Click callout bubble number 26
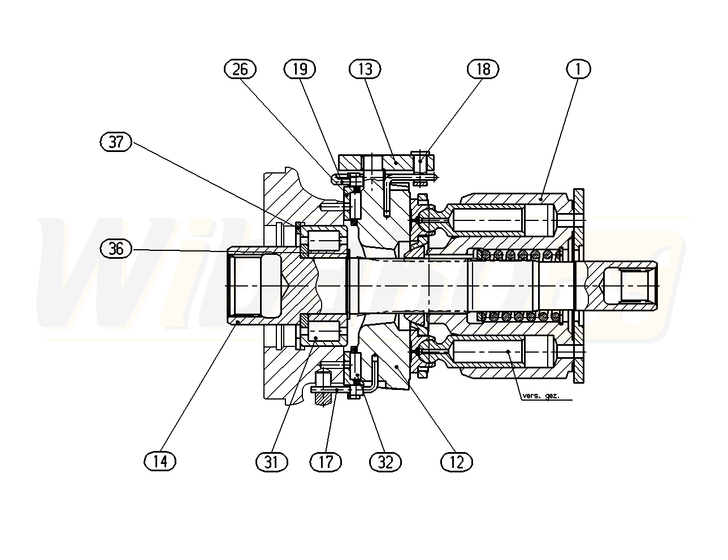[x=240, y=69]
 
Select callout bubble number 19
[x=300, y=69]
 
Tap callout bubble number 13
[x=365, y=69]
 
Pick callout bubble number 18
[x=483, y=69]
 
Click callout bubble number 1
[x=578, y=69]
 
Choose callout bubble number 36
[x=116, y=248]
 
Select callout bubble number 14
[x=160, y=461]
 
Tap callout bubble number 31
[x=272, y=462]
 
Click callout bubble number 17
[x=326, y=462]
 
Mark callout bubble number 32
[x=385, y=462]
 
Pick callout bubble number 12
[x=456, y=462]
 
